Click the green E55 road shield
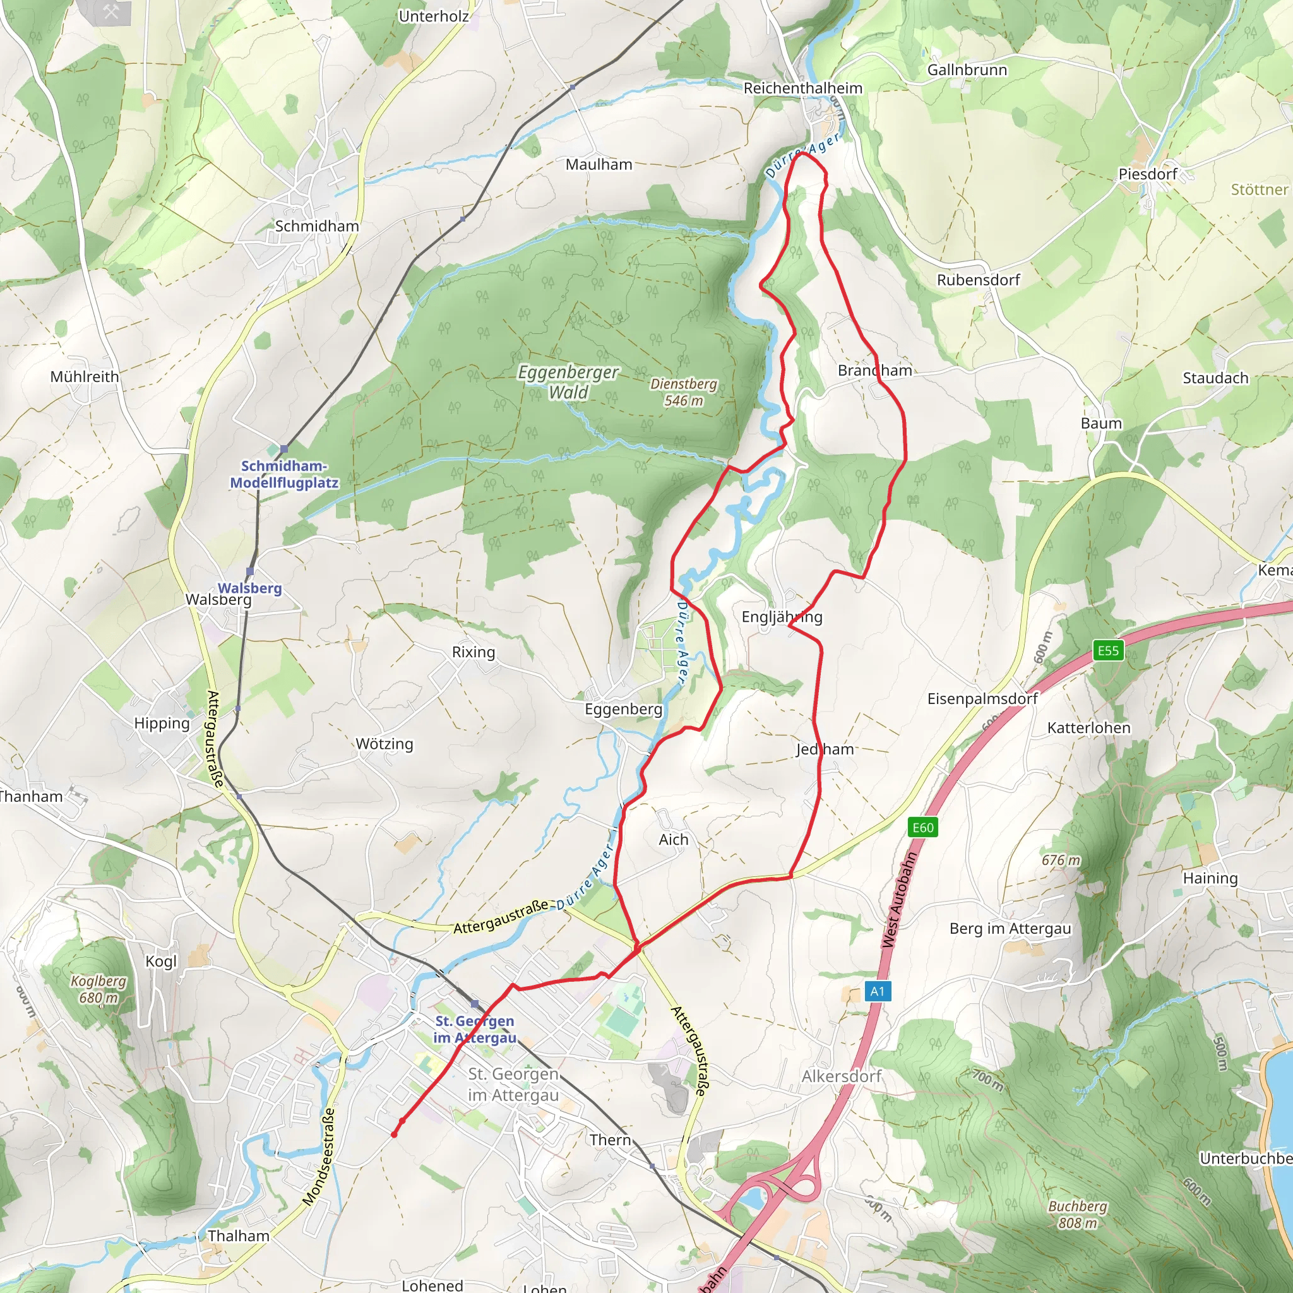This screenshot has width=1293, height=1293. click(1108, 650)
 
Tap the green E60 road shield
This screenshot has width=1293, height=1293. click(923, 828)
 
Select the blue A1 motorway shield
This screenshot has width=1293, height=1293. click(878, 991)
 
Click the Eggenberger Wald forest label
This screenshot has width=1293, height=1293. click(569, 382)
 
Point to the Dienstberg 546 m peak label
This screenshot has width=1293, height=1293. click(683, 392)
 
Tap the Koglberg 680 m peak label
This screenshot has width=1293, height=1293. click(98, 989)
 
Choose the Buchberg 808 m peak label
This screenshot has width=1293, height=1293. click(1078, 1214)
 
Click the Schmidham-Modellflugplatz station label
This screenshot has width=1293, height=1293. click(283, 475)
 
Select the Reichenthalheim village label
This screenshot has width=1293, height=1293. click(802, 88)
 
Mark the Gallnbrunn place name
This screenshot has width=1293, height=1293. click(967, 70)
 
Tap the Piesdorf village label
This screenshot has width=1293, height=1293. click(1148, 174)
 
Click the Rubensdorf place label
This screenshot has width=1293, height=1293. click(978, 280)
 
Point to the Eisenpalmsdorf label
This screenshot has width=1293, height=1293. click(982, 699)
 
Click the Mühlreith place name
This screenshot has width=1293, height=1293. click(85, 377)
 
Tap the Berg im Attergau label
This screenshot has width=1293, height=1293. click(1010, 928)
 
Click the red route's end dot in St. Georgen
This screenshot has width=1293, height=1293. click(394, 1134)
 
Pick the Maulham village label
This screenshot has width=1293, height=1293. click(599, 165)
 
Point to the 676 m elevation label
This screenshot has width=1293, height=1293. click(1061, 860)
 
